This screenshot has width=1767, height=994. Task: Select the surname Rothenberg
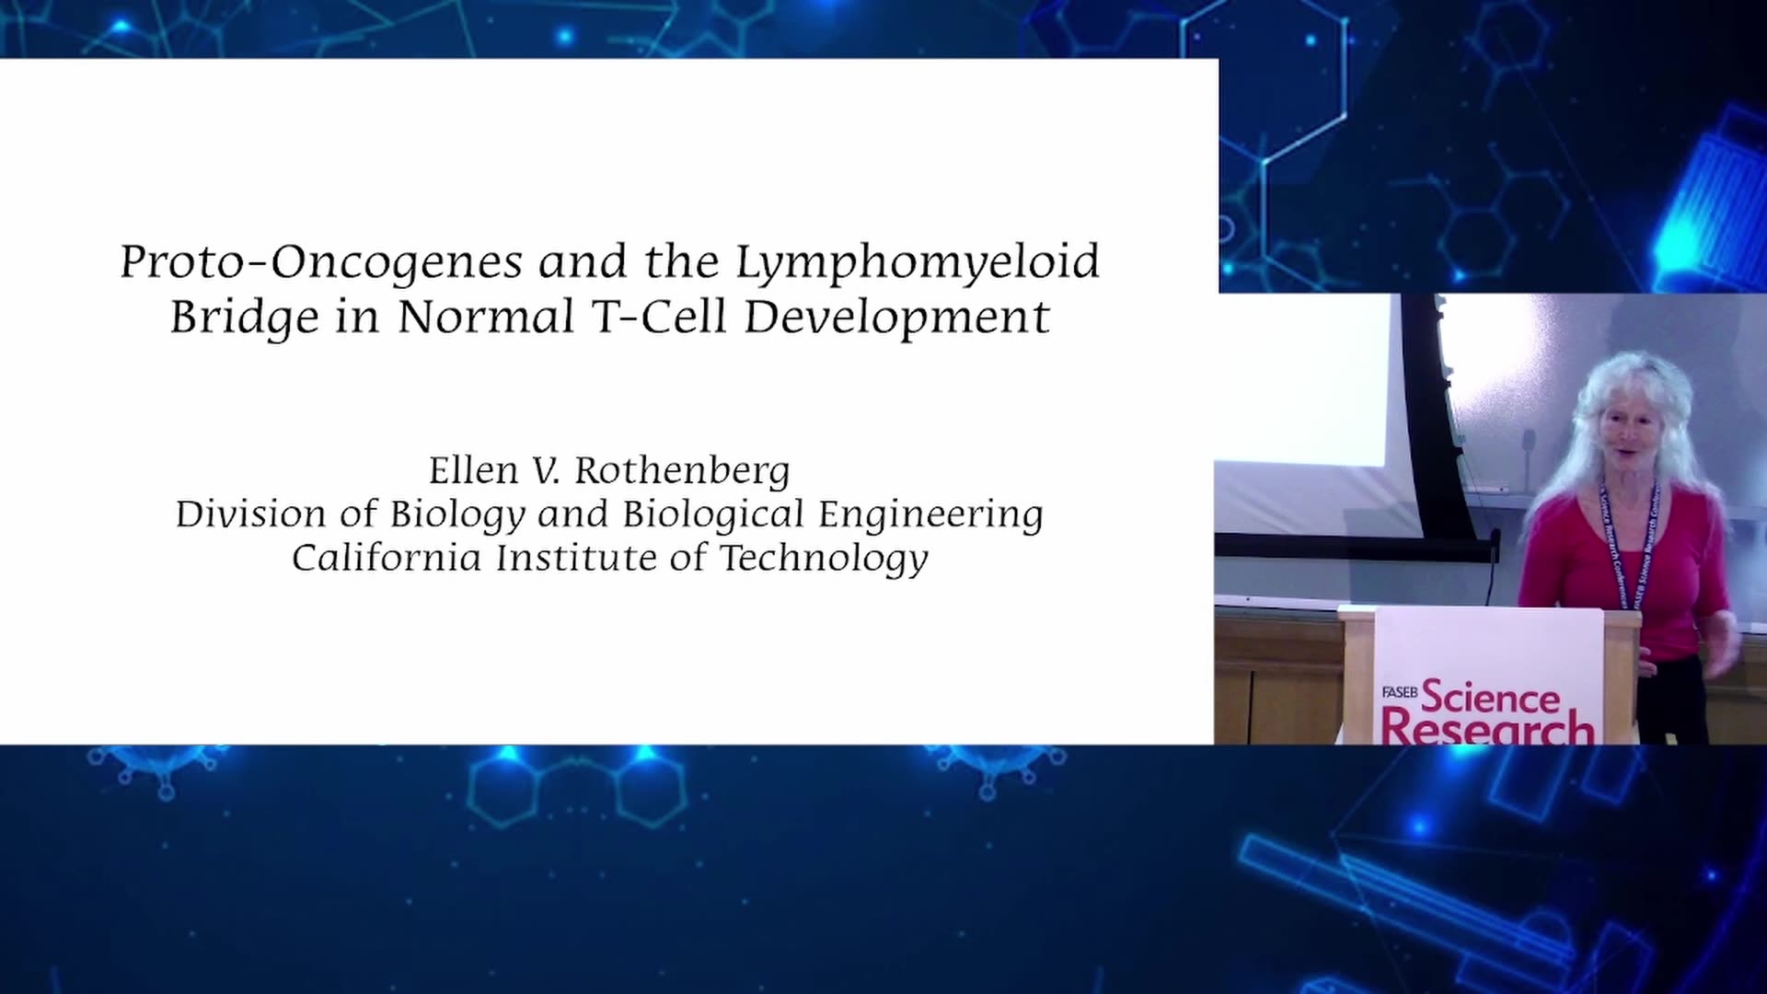point(682,471)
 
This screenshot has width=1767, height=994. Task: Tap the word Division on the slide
point(249,514)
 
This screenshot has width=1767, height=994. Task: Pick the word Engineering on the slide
point(930,515)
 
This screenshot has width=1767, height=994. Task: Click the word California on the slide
point(387,558)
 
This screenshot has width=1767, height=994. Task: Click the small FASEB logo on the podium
point(1399,692)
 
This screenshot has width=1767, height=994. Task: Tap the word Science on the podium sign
point(1491,698)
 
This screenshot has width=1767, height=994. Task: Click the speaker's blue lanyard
point(1627,543)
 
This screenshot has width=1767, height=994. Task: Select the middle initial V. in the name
point(546,471)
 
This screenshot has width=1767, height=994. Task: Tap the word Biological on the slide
point(713,515)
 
